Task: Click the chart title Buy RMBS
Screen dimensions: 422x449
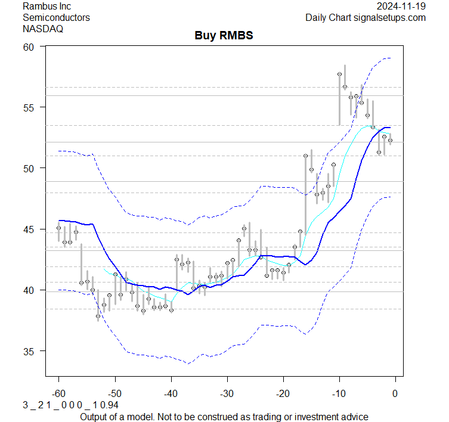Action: [224, 35]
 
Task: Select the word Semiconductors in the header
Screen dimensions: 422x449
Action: [56, 17]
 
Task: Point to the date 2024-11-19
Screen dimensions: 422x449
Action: [401, 6]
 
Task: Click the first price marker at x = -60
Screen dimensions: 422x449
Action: [58, 228]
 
